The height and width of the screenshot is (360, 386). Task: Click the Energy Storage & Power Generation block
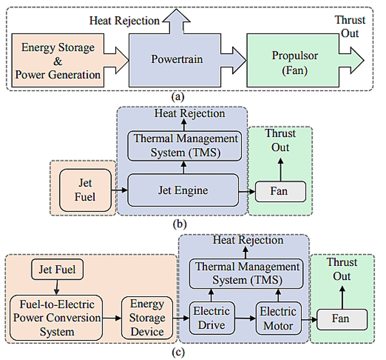[x=61, y=61]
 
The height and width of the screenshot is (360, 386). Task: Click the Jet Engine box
[x=183, y=191]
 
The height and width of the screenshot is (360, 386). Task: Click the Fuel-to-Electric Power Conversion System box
[x=55, y=317]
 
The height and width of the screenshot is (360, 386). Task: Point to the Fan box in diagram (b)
[x=280, y=191]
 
